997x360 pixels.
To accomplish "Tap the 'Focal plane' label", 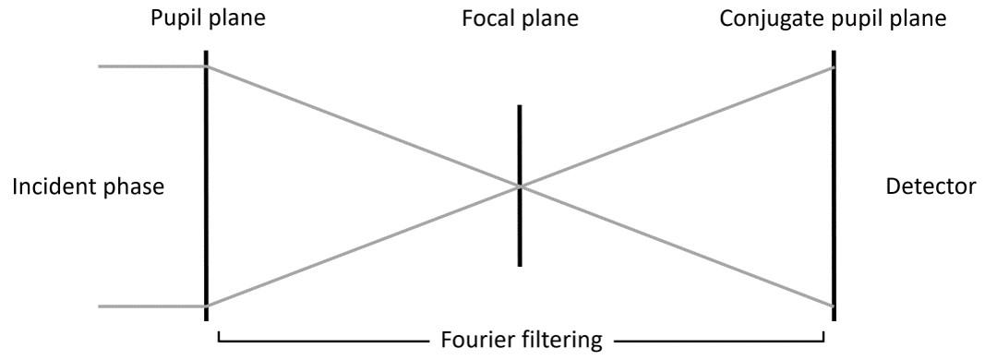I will click(x=521, y=18).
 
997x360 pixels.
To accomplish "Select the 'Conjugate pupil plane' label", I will click(x=835, y=18).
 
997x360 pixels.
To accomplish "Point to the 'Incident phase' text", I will click(x=88, y=187).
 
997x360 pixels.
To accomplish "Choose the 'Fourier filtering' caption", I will click(x=522, y=340).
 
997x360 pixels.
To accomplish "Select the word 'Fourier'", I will click(x=477, y=340).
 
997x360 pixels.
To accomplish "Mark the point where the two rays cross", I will click(x=520, y=186).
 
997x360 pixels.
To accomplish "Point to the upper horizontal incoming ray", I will click(x=151, y=66).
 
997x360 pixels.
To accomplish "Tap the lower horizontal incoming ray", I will click(x=151, y=306).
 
